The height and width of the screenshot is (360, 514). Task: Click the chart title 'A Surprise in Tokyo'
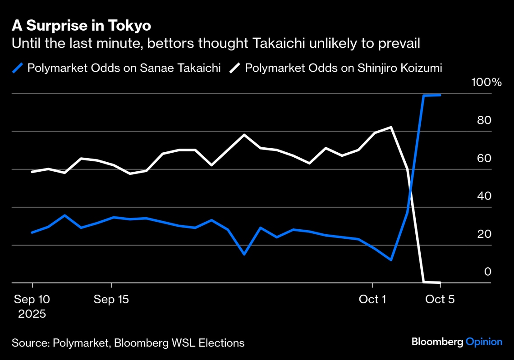coord(81,26)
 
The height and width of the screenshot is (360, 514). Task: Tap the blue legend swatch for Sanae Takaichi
coord(18,68)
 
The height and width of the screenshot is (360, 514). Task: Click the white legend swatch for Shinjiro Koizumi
coord(235,68)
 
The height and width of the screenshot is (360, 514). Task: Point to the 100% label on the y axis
coord(486,82)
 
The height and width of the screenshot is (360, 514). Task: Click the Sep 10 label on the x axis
coord(32,299)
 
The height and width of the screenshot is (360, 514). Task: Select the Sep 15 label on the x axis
coord(111,299)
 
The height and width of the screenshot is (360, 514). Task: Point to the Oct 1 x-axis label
coord(372,299)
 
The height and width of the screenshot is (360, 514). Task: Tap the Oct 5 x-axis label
coord(440,299)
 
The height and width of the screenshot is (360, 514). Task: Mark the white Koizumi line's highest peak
coord(391,127)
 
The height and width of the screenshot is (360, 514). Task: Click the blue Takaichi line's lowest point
coord(391,260)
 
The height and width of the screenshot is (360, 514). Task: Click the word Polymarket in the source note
coord(80,343)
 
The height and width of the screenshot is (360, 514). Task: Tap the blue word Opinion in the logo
coord(484,342)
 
